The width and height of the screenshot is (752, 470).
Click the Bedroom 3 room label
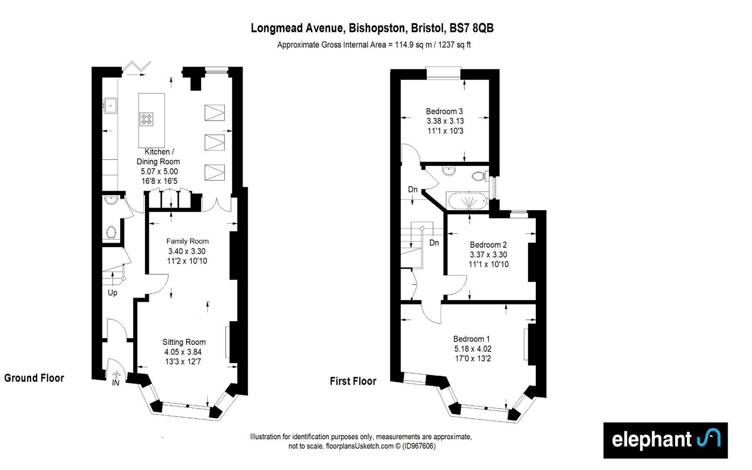444,111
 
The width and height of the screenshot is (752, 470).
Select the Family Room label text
188,241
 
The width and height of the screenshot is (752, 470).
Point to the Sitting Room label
184,342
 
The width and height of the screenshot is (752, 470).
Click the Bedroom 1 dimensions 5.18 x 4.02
473,349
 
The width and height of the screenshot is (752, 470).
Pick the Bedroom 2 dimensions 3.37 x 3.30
488,255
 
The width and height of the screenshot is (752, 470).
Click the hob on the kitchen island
146,119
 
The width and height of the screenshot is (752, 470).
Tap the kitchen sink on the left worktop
111,106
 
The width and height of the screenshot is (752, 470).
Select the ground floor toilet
111,232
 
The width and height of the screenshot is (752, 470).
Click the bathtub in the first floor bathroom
467,201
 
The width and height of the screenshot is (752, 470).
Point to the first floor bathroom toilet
479,176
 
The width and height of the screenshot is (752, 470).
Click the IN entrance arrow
116,375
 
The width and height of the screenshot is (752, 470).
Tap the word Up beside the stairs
112,292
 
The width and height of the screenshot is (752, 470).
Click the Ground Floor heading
34,378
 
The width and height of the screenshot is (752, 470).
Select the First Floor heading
353,381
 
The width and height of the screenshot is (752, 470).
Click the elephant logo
665,440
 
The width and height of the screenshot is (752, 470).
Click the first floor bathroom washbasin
449,171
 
